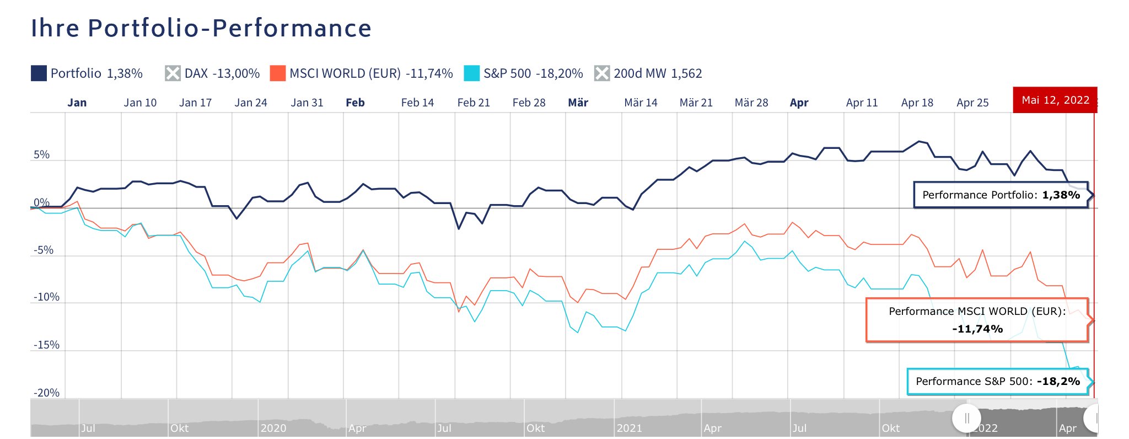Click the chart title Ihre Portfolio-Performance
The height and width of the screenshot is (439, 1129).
[x=201, y=29]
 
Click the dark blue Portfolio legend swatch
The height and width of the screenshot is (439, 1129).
[x=39, y=73]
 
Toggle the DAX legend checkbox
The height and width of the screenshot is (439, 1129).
[x=173, y=73]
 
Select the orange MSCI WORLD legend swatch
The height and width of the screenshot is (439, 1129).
[x=278, y=73]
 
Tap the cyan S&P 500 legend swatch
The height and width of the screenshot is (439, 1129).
[x=472, y=73]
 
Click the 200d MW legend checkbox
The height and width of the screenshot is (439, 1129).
[x=602, y=73]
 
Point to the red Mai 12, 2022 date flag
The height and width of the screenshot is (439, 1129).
[x=1055, y=100]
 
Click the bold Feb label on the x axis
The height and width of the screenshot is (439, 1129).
[x=355, y=103]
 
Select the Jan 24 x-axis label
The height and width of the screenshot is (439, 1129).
[x=251, y=103]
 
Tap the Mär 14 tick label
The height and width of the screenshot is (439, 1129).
[x=641, y=103]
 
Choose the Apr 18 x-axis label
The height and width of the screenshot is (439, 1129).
[x=917, y=103]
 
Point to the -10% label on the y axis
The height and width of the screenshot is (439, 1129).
[x=46, y=297]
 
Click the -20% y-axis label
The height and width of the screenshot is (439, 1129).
[x=46, y=393]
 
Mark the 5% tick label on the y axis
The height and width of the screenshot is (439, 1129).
[x=42, y=155]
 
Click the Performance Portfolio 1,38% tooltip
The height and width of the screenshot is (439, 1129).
[x=1001, y=195]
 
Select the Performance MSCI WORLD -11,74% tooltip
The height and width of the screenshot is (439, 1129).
[x=977, y=320]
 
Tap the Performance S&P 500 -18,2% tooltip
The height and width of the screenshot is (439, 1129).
[x=997, y=381]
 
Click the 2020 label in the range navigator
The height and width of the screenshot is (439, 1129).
[x=273, y=428]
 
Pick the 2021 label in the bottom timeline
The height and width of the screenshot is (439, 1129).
[x=630, y=428]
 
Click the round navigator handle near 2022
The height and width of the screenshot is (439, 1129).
[x=966, y=419]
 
